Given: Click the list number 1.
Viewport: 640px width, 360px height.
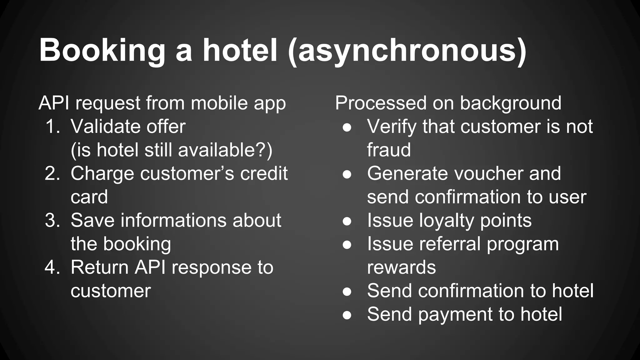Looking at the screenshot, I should pyautogui.click(x=52, y=127).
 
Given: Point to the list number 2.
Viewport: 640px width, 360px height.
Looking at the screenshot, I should pyautogui.click(x=52, y=173).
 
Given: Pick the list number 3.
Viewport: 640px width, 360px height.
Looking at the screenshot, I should pyautogui.click(x=52, y=220).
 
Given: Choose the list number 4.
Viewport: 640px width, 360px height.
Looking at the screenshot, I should pyautogui.click(x=52, y=267).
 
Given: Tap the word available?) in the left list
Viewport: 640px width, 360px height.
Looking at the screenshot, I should pyautogui.click(x=225, y=150).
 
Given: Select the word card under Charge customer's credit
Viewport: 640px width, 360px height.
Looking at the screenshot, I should pyautogui.click(x=89, y=197).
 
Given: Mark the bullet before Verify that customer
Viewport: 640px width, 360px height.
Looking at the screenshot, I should pyautogui.click(x=347, y=127).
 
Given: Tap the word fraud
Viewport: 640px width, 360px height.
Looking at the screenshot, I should pyautogui.click(x=389, y=150).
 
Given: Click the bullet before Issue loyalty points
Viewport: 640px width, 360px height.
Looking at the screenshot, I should pyautogui.click(x=347, y=221).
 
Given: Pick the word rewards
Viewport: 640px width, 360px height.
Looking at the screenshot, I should pyautogui.click(x=401, y=267).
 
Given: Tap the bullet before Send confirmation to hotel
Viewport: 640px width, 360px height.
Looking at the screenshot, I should pyautogui.click(x=347, y=292).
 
